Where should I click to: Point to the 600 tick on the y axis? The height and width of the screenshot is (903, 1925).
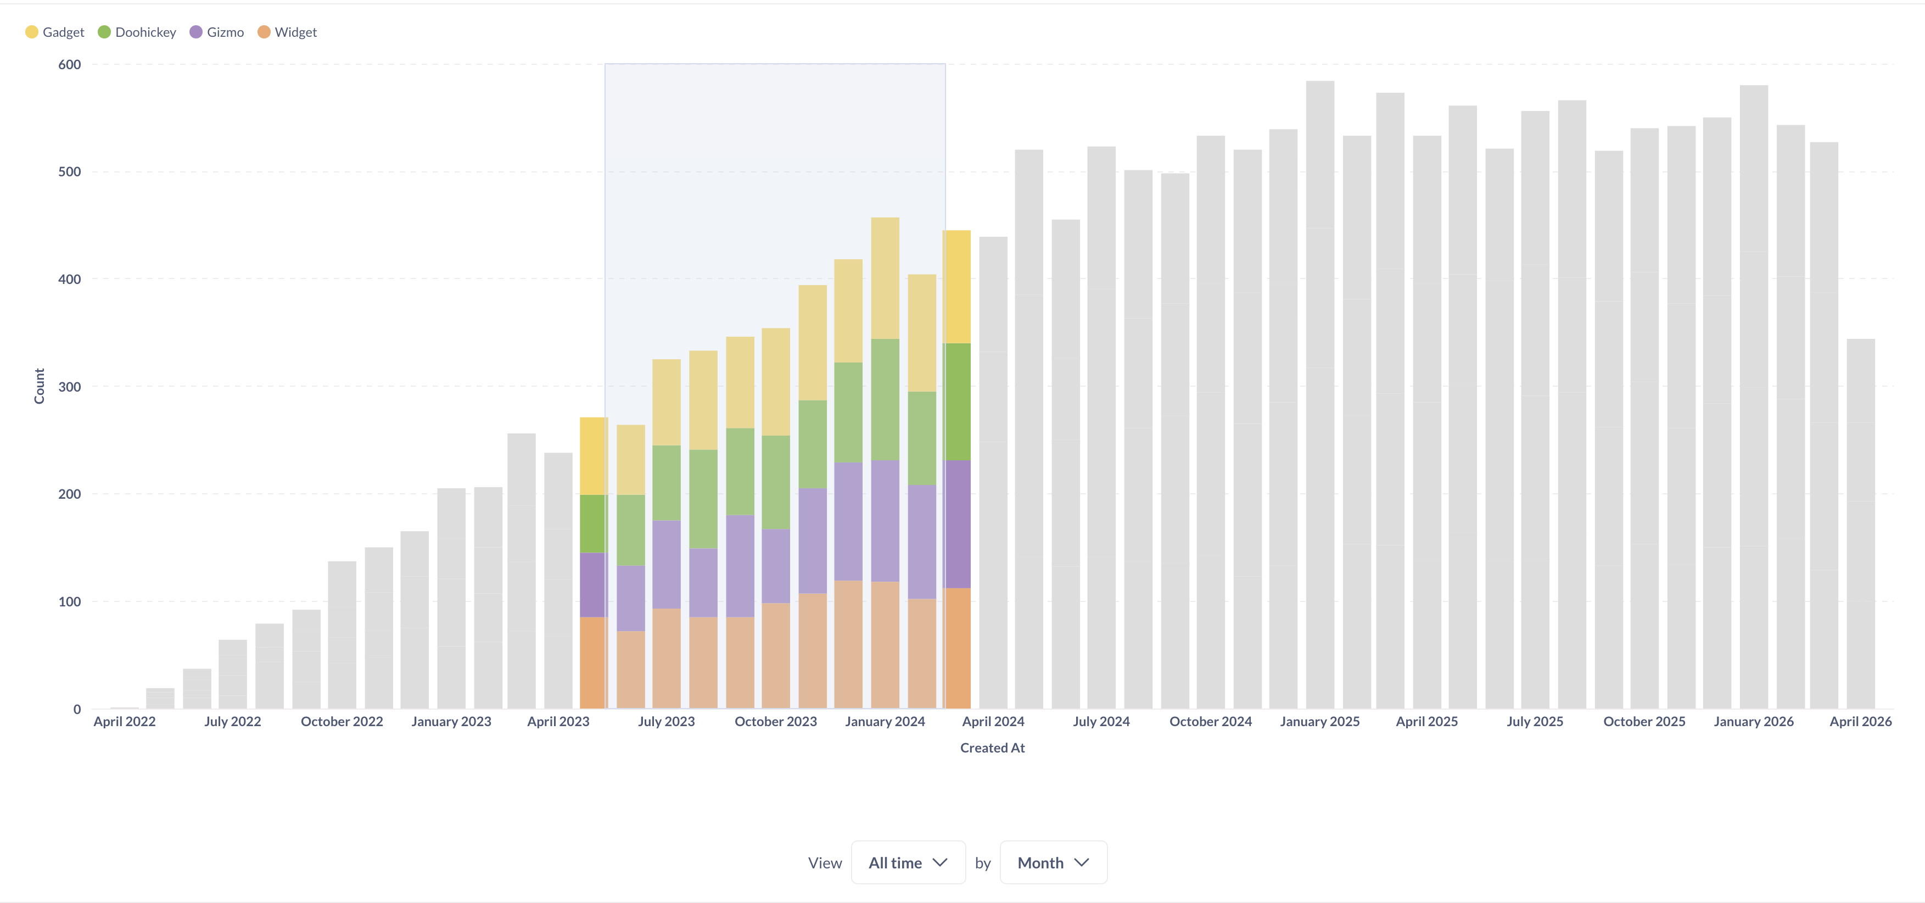70,65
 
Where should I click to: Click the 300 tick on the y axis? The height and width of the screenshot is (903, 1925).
70,387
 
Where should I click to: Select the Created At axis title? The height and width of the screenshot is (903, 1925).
992,748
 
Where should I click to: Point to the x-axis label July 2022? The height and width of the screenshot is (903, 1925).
232,721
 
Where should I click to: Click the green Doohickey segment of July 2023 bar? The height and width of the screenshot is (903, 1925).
667,483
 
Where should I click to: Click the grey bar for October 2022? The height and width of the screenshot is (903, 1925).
342,636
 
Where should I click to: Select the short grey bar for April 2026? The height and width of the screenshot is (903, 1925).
1860,523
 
